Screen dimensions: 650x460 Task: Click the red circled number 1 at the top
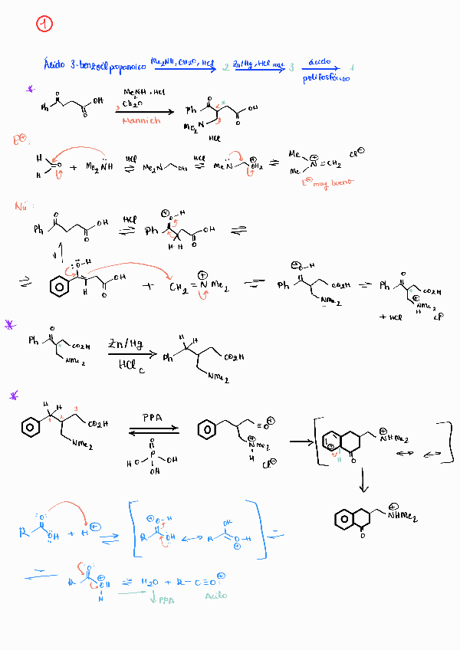click(44, 25)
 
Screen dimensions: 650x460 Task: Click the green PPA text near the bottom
click(163, 600)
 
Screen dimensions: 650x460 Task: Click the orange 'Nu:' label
click(22, 207)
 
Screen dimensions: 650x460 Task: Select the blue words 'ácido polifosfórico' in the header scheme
click(327, 70)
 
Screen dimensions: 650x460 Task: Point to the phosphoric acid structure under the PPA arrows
click(152, 458)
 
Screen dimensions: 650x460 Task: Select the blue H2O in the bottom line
click(151, 582)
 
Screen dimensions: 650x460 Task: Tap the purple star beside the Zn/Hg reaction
click(10, 325)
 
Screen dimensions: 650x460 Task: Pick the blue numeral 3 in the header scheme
click(291, 68)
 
